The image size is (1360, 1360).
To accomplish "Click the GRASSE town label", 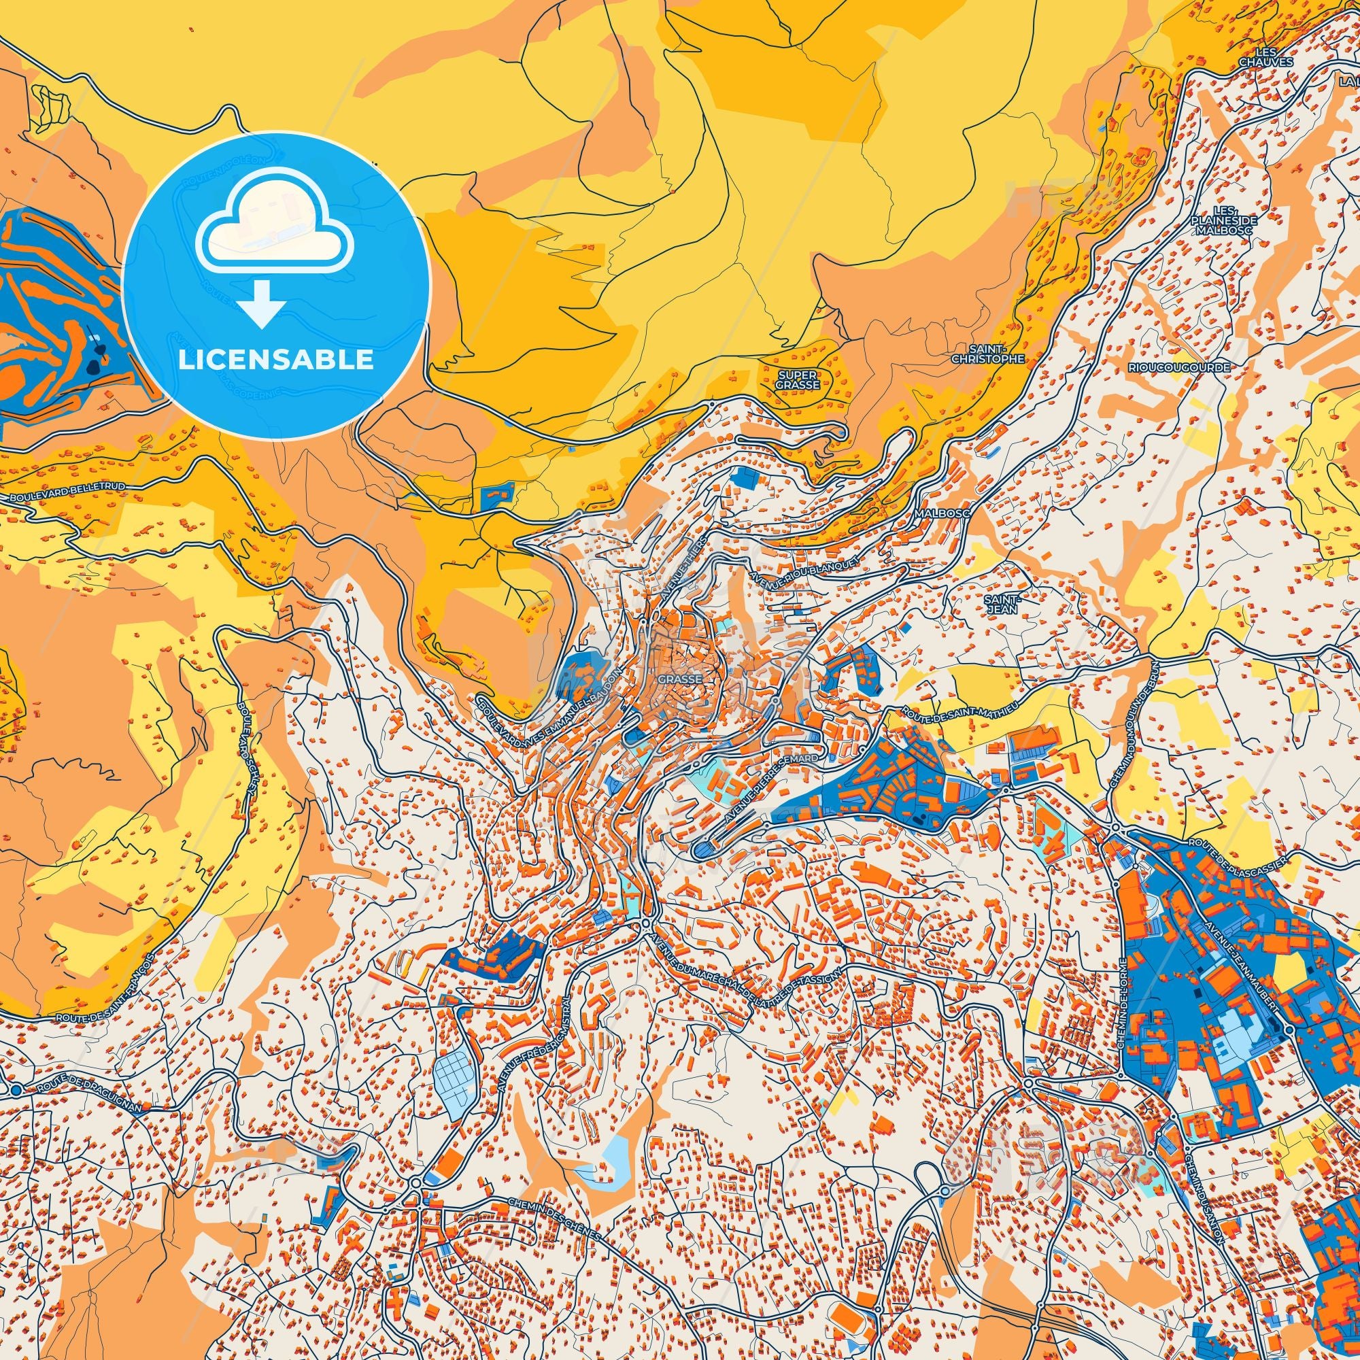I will pyautogui.click(x=680, y=679).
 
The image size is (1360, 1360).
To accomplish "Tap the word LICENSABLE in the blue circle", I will pyautogui.click(x=275, y=359).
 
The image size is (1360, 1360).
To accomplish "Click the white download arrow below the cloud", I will pyautogui.click(x=260, y=304).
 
